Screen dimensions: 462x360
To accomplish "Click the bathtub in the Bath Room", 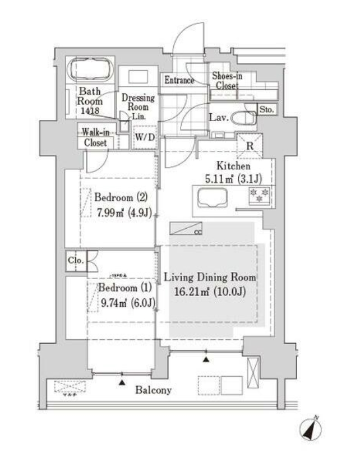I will (x=90, y=71).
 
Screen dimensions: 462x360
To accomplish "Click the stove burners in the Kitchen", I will (x=259, y=196).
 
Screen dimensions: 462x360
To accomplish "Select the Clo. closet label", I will (x=75, y=261).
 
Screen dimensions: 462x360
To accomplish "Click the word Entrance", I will (x=179, y=81).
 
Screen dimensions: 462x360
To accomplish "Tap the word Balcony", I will (x=153, y=390).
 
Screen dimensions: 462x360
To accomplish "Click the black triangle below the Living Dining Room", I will (x=207, y=359).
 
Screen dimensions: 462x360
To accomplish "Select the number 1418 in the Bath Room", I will (x=89, y=112).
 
